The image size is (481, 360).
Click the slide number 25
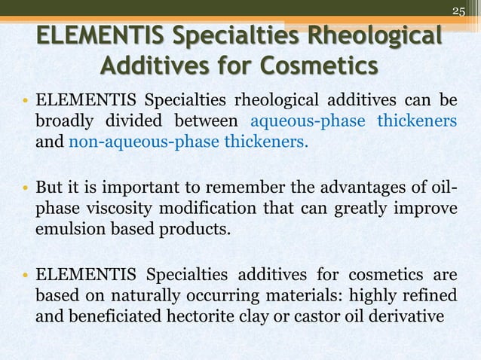pyautogui.click(x=459, y=10)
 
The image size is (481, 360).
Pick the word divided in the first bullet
pyautogui.click(x=141, y=122)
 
